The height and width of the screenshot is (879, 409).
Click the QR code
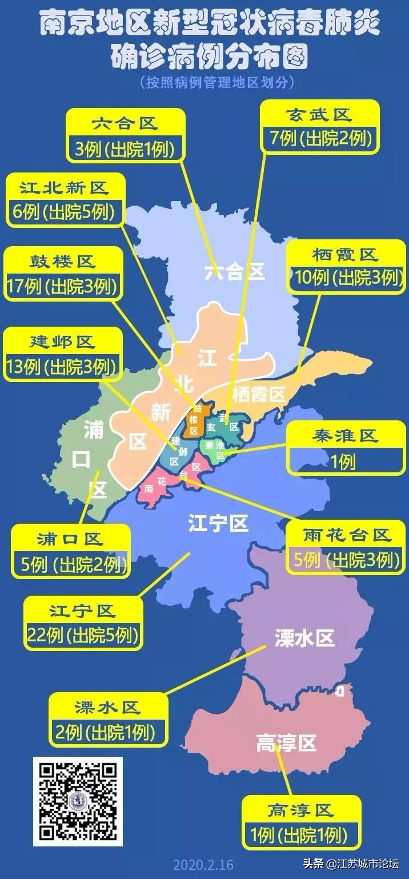[78, 803]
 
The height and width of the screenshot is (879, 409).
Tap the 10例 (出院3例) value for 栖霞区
[346, 278]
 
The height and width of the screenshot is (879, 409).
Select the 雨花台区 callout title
[347, 535]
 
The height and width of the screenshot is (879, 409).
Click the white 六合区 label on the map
[235, 272]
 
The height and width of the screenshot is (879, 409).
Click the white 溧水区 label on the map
[304, 637]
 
